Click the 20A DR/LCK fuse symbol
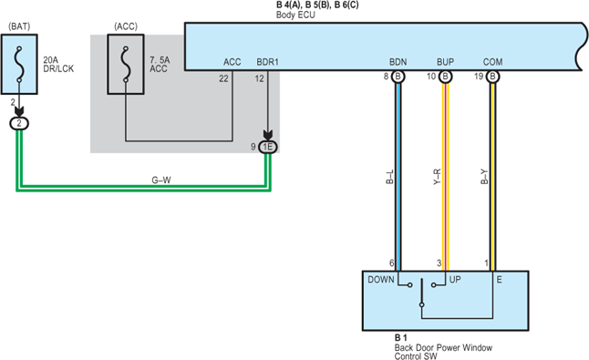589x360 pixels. (x=19, y=64)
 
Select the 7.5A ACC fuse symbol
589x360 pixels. (x=126, y=64)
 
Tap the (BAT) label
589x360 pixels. (x=19, y=26)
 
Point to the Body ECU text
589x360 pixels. (x=295, y=15)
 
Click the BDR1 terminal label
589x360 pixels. (x=267, y=62)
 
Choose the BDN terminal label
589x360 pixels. (x=398, y=62)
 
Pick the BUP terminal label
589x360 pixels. (x=445, y=62)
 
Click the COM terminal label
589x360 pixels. (x=493, y=62)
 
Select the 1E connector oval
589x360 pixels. (x=268, y=147)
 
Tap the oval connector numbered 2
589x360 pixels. (x=19, y=124)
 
